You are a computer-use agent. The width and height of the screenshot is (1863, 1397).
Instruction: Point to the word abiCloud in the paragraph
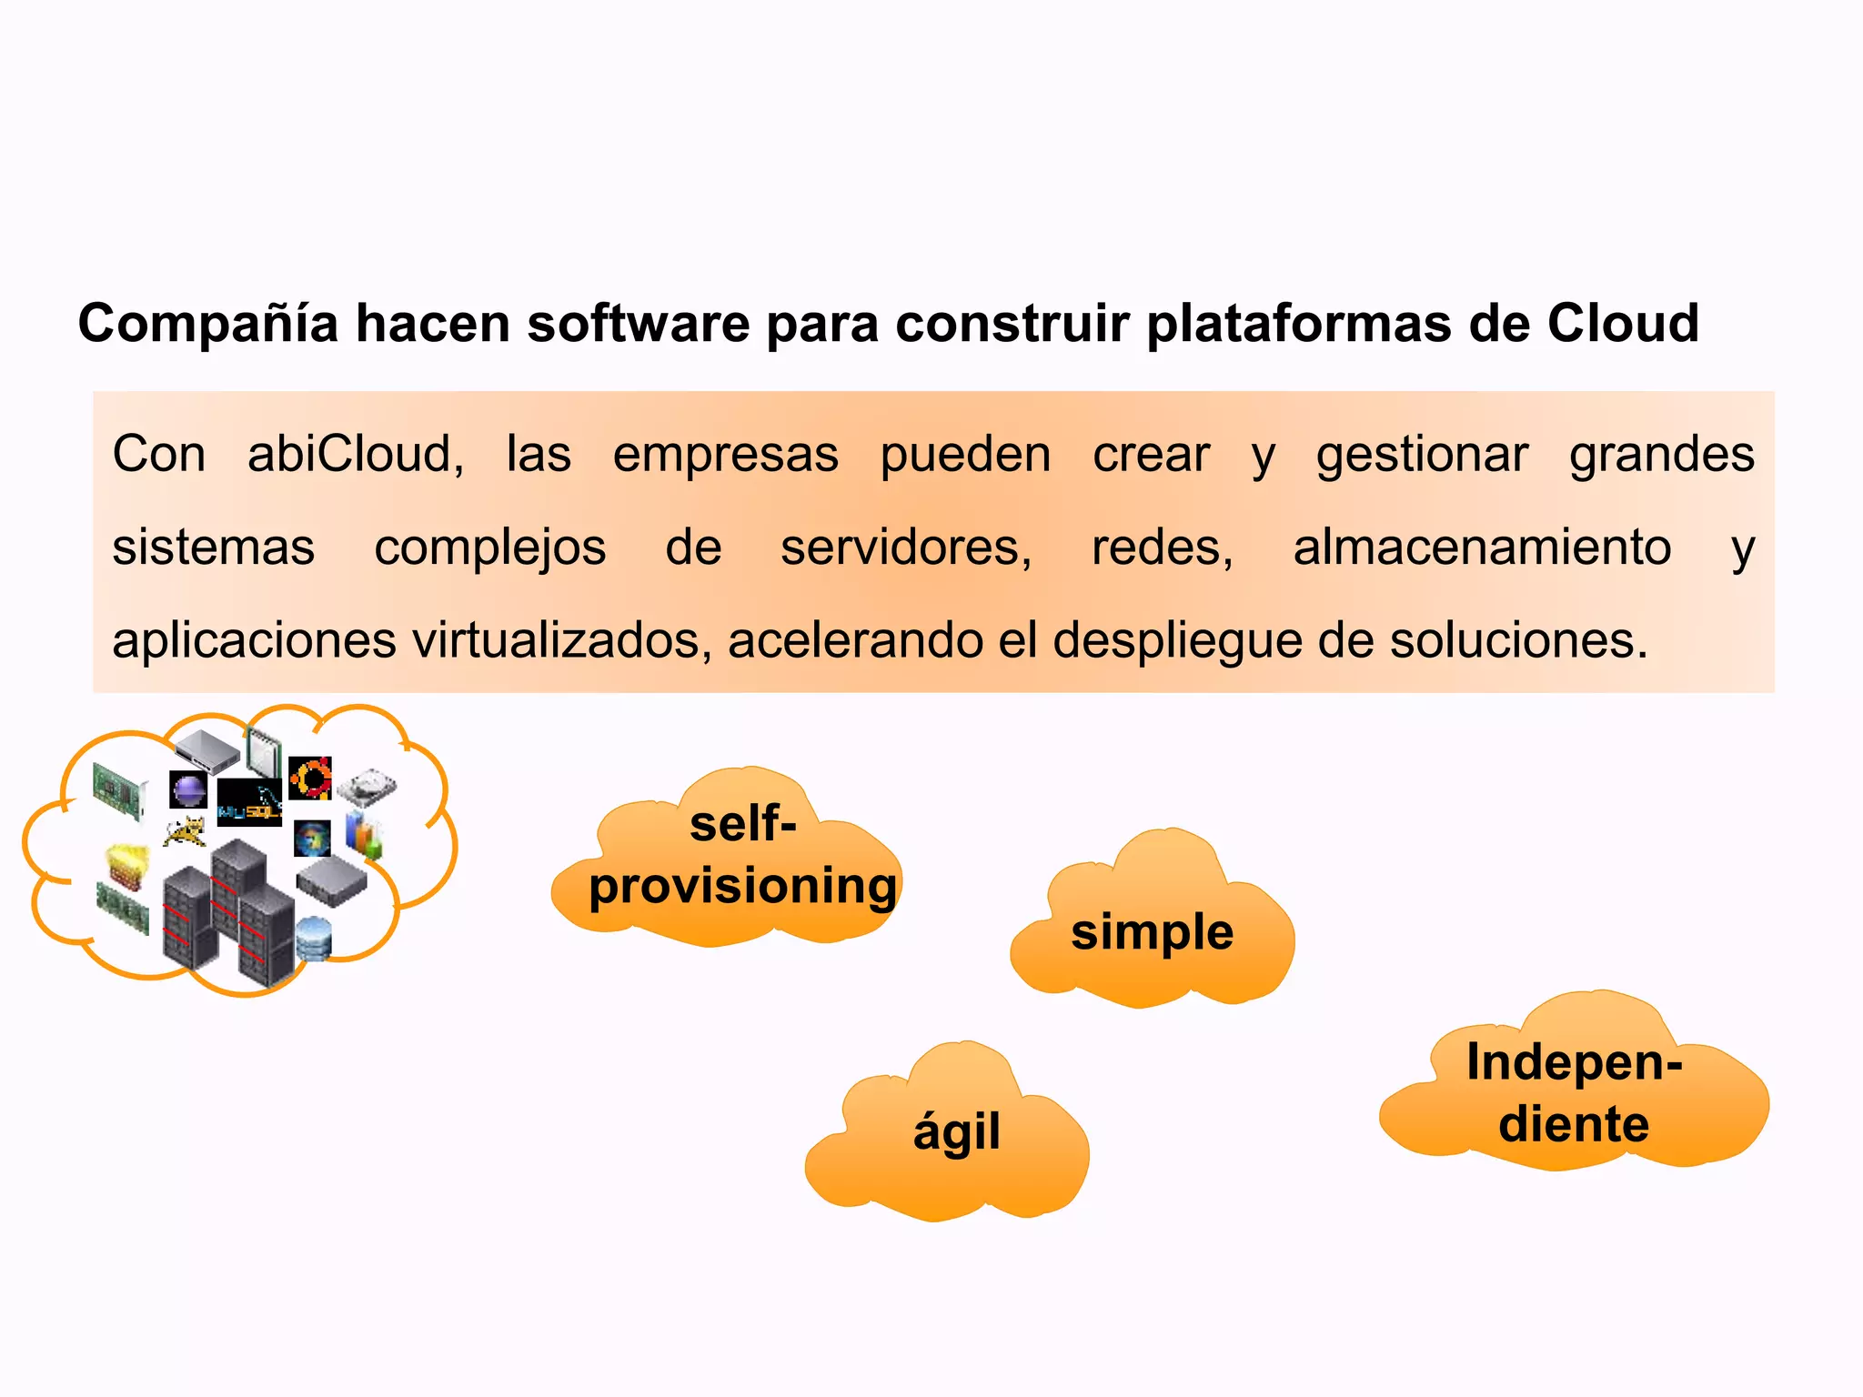click(355, 454)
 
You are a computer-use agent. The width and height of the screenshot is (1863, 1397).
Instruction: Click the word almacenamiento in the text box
click(1482, 548)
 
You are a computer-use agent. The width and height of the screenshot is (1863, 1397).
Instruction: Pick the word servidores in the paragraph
click(905, 548)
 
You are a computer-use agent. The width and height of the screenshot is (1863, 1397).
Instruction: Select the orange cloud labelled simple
click(1152, 928)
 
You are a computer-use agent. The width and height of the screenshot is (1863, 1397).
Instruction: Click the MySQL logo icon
click(248, 802)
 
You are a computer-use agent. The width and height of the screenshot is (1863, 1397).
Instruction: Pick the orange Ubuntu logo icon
click(310, 779)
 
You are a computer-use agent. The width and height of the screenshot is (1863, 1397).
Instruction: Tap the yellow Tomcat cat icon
click(186, 831)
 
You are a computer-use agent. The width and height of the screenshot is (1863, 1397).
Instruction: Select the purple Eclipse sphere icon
click(188, 789)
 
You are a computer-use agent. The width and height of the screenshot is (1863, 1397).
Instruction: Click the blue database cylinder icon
click(313, 938)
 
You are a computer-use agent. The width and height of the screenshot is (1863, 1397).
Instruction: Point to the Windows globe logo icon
click(312, 839)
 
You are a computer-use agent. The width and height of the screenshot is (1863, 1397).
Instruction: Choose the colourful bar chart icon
click(364, 837)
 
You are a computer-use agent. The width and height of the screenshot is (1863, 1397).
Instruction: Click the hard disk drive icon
click(368, 787)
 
